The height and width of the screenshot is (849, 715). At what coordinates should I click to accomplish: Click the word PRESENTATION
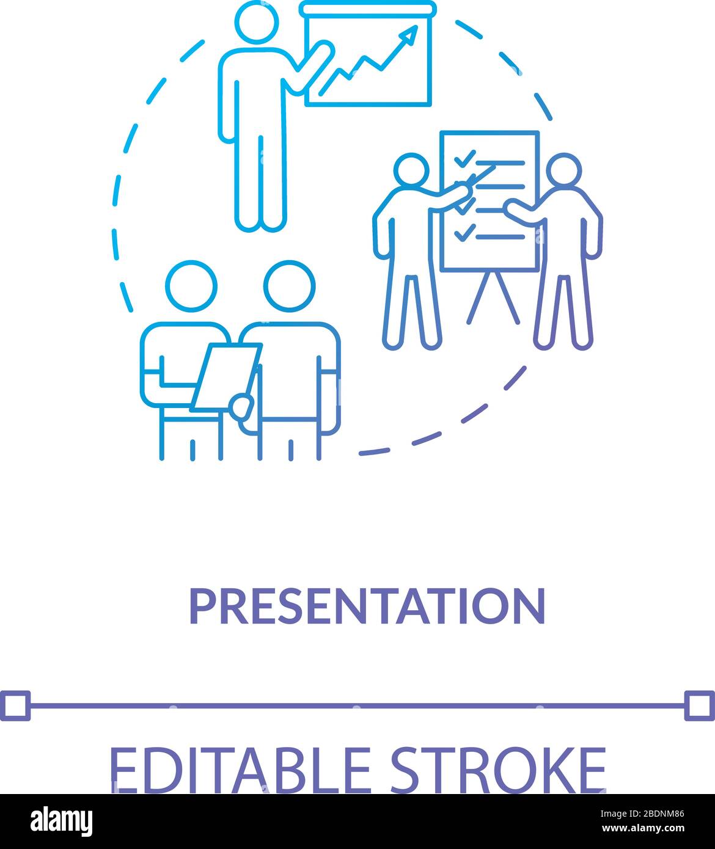point(367,606)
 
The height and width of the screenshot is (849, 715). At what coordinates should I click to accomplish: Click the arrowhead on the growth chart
point(410,34)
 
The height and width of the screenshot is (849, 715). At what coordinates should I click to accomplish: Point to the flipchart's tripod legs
point(493,297)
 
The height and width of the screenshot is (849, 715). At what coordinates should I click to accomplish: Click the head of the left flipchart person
point(411,170)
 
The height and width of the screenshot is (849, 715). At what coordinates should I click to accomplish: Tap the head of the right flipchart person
point(563,170)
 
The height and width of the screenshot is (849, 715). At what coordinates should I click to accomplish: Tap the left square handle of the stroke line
point(15,705)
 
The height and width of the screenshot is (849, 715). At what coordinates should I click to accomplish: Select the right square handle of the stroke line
point(699,705)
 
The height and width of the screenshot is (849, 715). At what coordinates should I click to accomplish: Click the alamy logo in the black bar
point(61,821)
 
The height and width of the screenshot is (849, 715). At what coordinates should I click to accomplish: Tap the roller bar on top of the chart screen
point(369,9)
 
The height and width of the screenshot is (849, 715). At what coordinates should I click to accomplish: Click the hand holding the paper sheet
point(241,406)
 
